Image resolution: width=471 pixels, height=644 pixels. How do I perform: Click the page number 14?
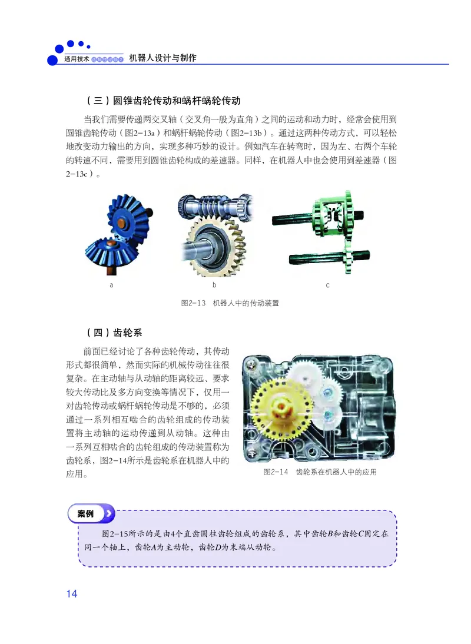click(72, 593)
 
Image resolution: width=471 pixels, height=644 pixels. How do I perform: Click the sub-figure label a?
click(111, 286)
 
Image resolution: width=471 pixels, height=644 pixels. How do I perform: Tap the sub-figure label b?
click(214, 286)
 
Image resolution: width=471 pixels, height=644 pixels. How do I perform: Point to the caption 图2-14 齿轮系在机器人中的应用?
click(320, 472)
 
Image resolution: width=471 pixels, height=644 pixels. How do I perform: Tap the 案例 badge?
click(85, 513)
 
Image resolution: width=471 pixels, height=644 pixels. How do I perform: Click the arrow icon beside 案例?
click(108, 513)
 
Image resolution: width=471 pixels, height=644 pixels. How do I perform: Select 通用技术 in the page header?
click(76, 60)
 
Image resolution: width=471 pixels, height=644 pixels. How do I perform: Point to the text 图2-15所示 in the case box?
click(124, 534)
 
